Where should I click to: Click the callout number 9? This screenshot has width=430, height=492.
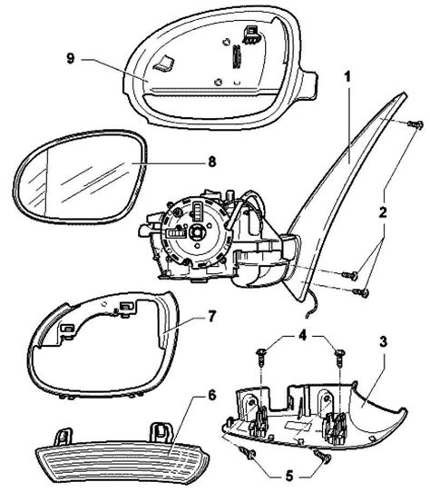[71, 58]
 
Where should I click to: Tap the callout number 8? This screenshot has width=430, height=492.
[212, 162]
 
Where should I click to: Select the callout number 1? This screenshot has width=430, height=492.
[347, 76]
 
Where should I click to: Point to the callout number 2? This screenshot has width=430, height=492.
[382, 212]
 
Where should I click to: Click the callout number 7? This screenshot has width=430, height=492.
[212, 316]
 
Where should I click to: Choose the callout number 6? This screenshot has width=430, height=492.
[212, 395]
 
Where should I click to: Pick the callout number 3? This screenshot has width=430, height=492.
[383, 342]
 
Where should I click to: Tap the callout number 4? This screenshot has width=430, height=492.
[302, 336]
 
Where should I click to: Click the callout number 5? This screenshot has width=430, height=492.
[288, 477]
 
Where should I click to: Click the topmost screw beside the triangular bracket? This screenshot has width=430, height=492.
[415, 124]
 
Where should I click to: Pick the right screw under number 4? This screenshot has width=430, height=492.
[339, 357]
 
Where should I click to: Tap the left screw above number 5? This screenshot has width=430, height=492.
[248, 453]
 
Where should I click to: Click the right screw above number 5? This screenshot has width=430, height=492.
[323, 455]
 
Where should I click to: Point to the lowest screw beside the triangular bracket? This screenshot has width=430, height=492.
[361, 292]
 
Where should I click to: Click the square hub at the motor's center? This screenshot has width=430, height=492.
[196, 232]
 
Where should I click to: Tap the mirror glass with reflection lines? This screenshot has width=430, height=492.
[80, 177]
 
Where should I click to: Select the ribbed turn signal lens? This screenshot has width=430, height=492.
[122, 464]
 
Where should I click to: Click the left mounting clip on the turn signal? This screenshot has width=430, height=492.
[63, 437]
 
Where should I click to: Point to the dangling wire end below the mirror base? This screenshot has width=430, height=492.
[306, 317]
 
